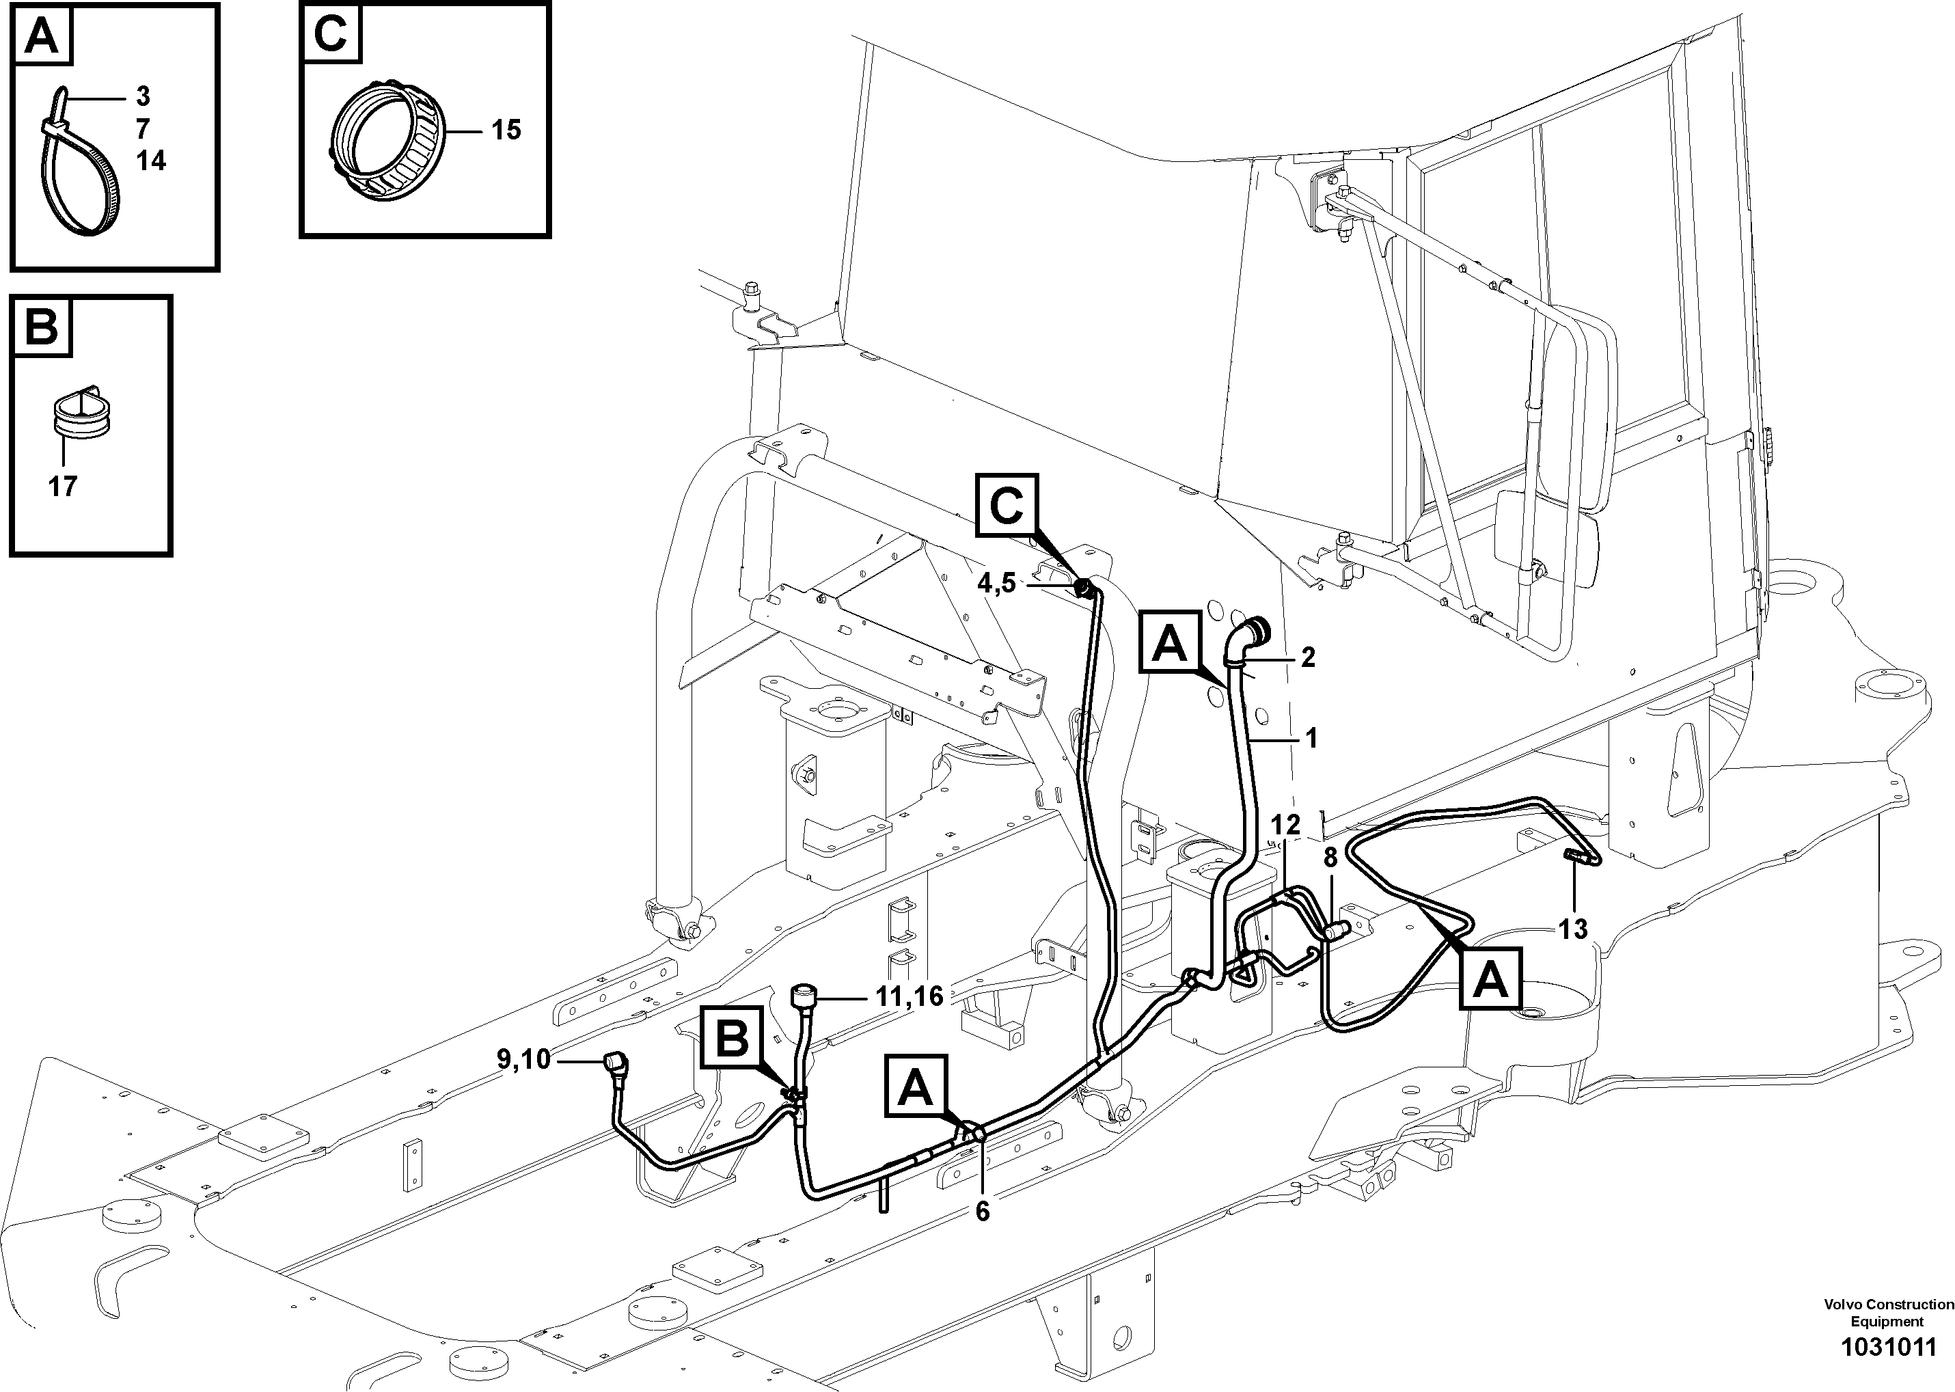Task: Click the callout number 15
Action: (506, 131)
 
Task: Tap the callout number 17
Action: (63, 487)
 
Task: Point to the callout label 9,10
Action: (523, 1061)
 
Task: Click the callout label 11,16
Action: (909, 996)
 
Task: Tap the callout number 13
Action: (1573, 929)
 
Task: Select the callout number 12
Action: (1285, 825)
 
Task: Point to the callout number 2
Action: (1307, 657)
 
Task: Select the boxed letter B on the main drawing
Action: (731, 1041)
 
